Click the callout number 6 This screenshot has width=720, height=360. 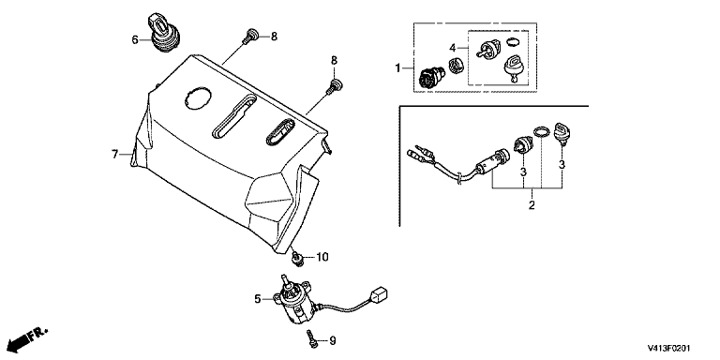click(x=135, y=40)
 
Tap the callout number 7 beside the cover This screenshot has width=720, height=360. click(x=114, y=155)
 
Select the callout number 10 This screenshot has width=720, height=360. click(x=322, y=257)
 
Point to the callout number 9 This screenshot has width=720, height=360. click(x=333, y=341)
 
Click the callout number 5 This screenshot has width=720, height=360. click(x=258, y=299)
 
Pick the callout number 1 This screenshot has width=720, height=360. click(x=398, y=68)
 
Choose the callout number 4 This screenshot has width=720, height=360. click(x=452, y=48)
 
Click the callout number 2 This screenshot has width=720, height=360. click(x=532, y=205)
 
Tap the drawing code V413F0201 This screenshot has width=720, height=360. click(x=669, y=349)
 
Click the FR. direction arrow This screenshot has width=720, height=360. click(x=27, y=338)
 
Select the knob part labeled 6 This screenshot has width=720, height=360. click(x=163, y=33)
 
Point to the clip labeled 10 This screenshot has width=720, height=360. click(x=298, y=260)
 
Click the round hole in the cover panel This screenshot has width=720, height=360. click(x=198, y=97)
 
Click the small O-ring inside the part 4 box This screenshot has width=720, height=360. click(x=513, y=42)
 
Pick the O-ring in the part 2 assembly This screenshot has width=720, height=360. click(x=542, y=132)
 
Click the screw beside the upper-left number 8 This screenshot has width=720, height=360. click(x=248, y=36)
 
